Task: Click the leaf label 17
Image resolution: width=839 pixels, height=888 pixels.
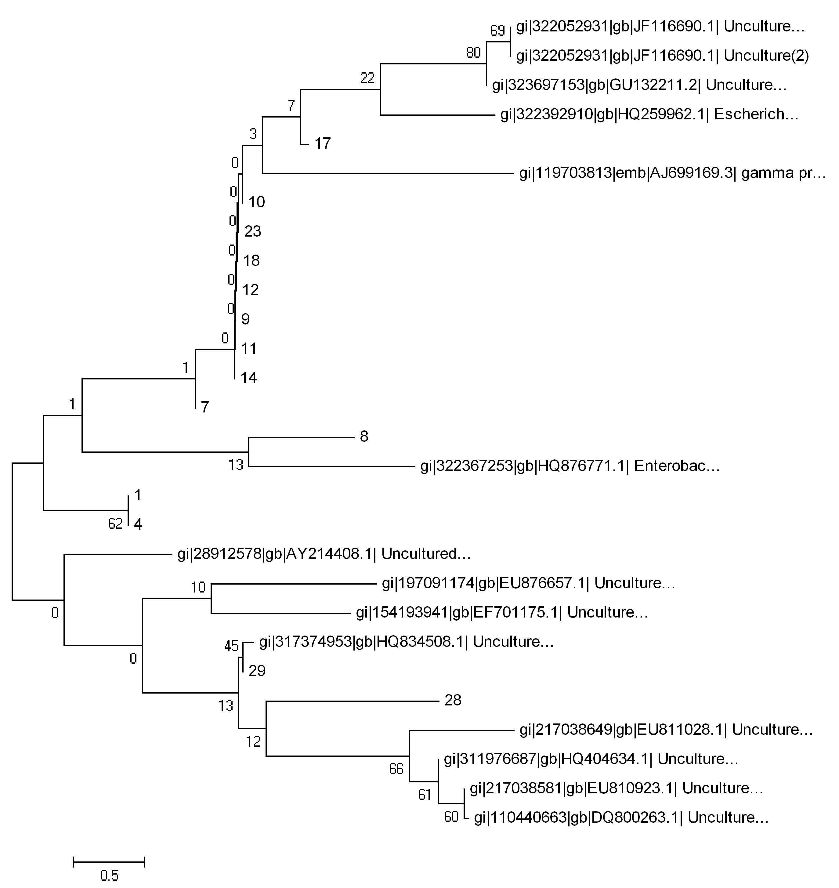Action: click(323, 143)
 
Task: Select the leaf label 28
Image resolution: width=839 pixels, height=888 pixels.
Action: click(453, 700)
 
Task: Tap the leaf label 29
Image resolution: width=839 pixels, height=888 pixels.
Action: click(257, 671)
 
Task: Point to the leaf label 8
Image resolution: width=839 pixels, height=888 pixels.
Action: click(364, 437)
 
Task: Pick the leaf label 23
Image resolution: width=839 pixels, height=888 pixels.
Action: click(253, 231)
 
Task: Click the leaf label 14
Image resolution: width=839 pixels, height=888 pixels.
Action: click(249, 378)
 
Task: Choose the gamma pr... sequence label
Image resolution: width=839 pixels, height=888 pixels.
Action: click(672, 173)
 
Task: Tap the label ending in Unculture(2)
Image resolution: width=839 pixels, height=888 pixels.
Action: click(662, 56)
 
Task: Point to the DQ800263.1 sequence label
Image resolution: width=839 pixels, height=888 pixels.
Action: click(621, 818)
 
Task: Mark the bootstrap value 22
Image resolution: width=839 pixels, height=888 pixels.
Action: click(367, 78)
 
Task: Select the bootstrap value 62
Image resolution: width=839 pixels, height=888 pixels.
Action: click(115, 524)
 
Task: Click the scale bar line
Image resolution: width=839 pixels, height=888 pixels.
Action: click(109, 861)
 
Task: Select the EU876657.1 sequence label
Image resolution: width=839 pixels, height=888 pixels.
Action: click(528, 583)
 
